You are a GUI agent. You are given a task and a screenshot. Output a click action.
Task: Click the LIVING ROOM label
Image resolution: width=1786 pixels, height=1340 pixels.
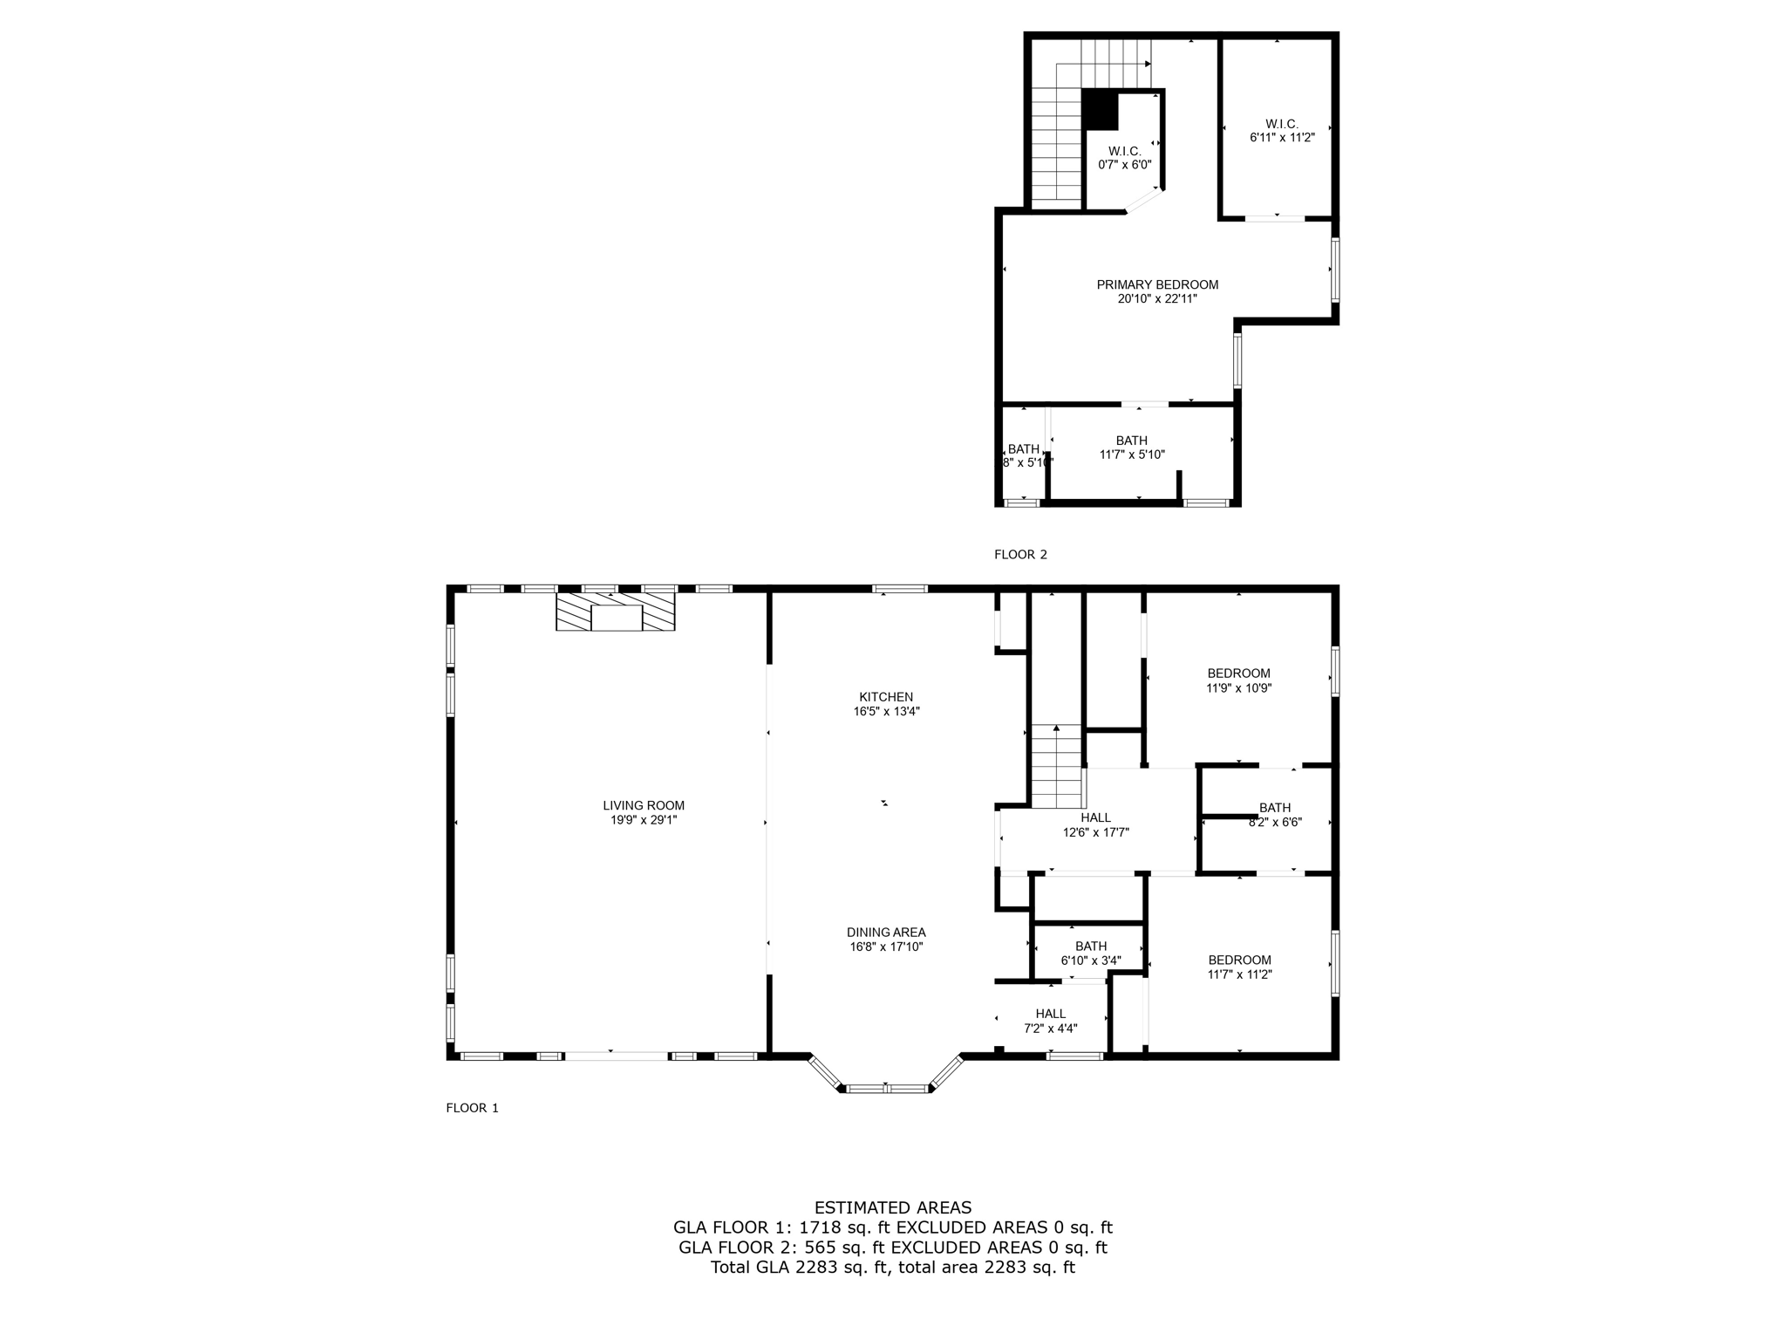coord(644,805)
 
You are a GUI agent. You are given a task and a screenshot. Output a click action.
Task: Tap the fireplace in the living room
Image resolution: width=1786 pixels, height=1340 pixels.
coord(616,612)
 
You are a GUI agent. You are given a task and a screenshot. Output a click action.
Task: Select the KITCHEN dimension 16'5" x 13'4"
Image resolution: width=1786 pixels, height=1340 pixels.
coord(886,711)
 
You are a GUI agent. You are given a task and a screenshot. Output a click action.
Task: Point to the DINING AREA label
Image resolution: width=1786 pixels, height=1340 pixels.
coord(886,932)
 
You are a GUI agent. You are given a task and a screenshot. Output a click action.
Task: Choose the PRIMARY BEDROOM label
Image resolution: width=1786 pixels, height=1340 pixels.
coord(1157,284)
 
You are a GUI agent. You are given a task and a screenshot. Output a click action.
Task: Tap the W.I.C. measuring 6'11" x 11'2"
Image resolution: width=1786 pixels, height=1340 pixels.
coord(1282,131)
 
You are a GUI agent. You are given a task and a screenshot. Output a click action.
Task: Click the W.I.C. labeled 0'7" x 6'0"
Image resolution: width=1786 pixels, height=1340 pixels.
coord(1125,158)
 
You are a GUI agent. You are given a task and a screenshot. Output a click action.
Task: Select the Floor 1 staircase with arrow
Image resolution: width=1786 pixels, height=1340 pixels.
coord(1056,766)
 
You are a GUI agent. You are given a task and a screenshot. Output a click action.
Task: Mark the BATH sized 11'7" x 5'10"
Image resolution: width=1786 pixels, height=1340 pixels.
coord(1132,447)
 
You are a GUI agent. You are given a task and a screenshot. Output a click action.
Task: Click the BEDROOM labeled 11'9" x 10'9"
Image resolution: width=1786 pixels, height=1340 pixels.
coord(1238,680)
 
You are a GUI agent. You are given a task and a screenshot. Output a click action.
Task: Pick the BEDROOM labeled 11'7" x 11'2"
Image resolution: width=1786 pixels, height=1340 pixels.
coord(1239,967)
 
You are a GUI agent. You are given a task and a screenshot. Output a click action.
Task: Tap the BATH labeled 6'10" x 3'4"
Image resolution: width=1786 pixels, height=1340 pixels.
coord(1090,953)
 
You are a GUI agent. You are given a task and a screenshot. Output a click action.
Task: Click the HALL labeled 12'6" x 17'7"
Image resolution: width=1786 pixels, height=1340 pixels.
coord(1095,824)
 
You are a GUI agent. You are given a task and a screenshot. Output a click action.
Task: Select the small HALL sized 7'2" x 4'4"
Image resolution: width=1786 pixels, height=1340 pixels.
coord(1051,1021)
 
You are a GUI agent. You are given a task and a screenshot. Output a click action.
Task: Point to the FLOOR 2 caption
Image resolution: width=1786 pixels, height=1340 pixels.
coord(1020,554)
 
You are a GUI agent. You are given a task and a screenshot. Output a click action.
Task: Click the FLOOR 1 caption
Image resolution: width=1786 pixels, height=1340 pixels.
coord(472,1108)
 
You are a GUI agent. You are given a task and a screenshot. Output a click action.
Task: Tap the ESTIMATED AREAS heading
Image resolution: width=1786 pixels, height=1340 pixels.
coord(892,1207)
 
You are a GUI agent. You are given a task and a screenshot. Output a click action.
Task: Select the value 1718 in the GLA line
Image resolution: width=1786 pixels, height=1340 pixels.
coord(819,1227)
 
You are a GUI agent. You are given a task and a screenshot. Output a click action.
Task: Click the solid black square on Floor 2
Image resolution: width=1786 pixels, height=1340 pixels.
coord(1100,111)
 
